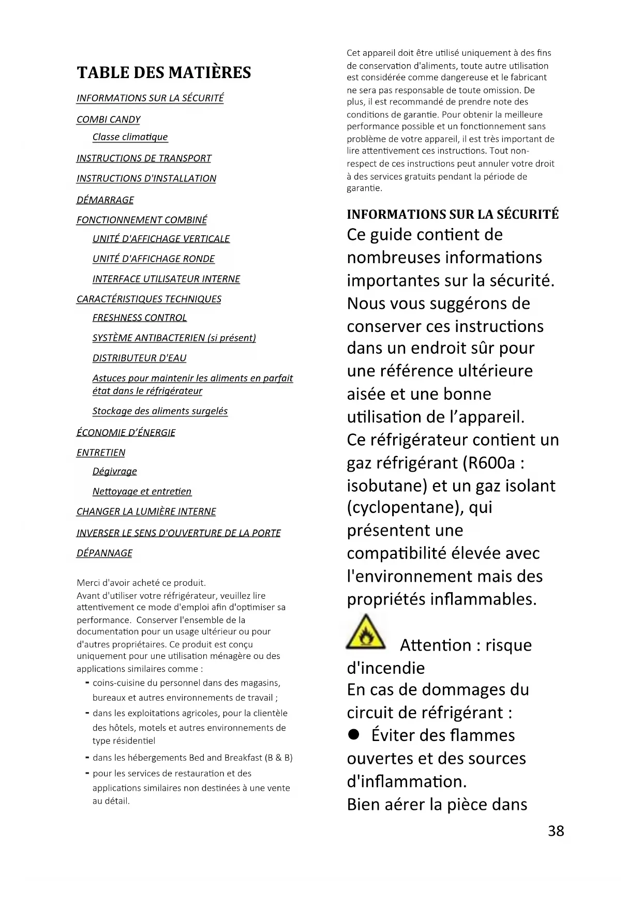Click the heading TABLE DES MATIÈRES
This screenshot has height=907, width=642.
coord(164,72)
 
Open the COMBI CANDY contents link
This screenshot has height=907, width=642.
coord(109,119)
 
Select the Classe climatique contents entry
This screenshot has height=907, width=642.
coord(130,137)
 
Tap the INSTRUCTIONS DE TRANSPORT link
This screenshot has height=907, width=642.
coord(144,158)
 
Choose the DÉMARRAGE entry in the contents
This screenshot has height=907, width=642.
coord(105,200)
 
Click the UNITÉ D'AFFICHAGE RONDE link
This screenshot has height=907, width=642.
coord(153,259)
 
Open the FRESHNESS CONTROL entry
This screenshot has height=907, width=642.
coord(139,318)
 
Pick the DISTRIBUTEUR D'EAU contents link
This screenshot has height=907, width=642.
coord(139,358)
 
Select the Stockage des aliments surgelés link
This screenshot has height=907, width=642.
coord(160,411)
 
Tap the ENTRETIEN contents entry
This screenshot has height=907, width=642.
coord(101,452)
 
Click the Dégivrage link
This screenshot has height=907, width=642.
coord(114,471)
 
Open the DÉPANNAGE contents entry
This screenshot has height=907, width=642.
coord(104,553)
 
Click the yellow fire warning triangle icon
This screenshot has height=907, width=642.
coord(366,633)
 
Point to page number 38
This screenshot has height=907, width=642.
coord(556,831)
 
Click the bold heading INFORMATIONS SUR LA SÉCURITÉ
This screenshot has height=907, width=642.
coord(453,215)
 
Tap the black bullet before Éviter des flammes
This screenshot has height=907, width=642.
coord(354,735)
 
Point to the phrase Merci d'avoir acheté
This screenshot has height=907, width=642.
coord(114,583)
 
